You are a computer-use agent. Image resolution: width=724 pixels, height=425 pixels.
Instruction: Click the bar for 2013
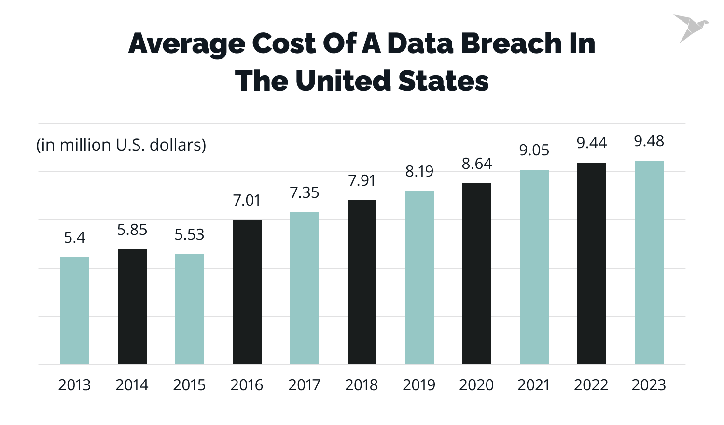(75, 311)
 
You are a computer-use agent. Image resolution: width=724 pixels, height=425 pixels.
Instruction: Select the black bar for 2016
(247, 292)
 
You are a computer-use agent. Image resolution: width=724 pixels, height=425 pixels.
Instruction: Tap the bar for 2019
(419, 277)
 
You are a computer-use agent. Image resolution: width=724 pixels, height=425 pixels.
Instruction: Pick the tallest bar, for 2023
(649, 262)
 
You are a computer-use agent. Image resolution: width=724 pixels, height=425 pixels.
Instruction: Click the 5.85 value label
(132, 230)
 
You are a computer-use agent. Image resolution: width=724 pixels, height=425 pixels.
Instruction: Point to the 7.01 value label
(247, 200)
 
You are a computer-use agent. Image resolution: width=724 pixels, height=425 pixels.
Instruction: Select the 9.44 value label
(592, 143)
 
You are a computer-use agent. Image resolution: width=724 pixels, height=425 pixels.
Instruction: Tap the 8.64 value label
(477, 164)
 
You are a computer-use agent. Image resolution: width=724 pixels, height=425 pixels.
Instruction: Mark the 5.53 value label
(189, 235)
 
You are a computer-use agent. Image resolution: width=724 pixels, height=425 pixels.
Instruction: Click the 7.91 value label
(362, 180)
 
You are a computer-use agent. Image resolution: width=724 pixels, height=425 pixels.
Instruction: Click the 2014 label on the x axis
(132, 385)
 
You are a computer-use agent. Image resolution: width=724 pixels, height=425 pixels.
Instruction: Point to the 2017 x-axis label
(304, 385)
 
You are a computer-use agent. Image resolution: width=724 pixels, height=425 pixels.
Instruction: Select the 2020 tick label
(476, 385)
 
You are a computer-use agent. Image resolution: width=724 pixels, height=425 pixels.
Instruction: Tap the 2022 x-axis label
(591, 385)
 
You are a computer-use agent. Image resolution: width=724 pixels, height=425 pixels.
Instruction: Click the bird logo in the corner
(691, 28)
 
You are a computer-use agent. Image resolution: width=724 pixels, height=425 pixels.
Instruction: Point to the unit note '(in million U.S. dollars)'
(121, 145)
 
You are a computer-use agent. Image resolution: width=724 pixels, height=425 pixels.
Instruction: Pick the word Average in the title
(187, 43)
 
